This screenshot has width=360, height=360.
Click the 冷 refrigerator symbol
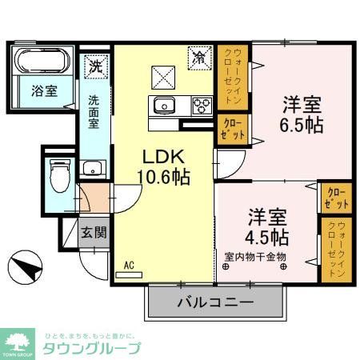click(198, 58)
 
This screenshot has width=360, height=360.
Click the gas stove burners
click(200, 104)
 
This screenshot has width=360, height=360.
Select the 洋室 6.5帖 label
click(301, 114)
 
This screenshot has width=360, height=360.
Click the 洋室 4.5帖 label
click(266, 226)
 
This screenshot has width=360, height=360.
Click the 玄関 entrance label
click(94, 233)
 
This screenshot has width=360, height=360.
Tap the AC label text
click(128, 263)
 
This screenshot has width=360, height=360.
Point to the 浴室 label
click(44, 91)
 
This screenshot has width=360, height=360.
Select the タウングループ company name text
click(91, 348)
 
